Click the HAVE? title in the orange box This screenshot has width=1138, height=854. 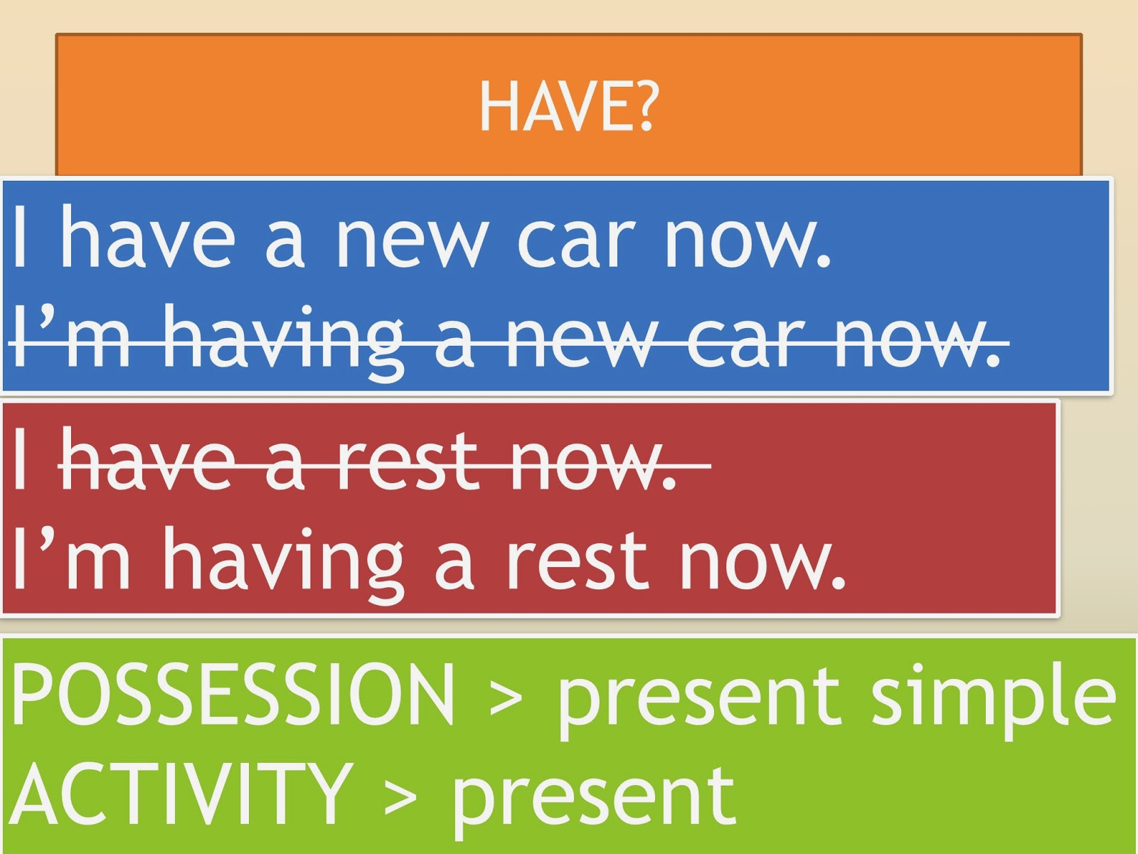point(569,107)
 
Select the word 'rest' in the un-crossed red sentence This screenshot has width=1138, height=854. point(576,562)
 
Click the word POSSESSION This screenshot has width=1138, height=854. point(233,694)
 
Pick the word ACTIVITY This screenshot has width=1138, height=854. point(181,794)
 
